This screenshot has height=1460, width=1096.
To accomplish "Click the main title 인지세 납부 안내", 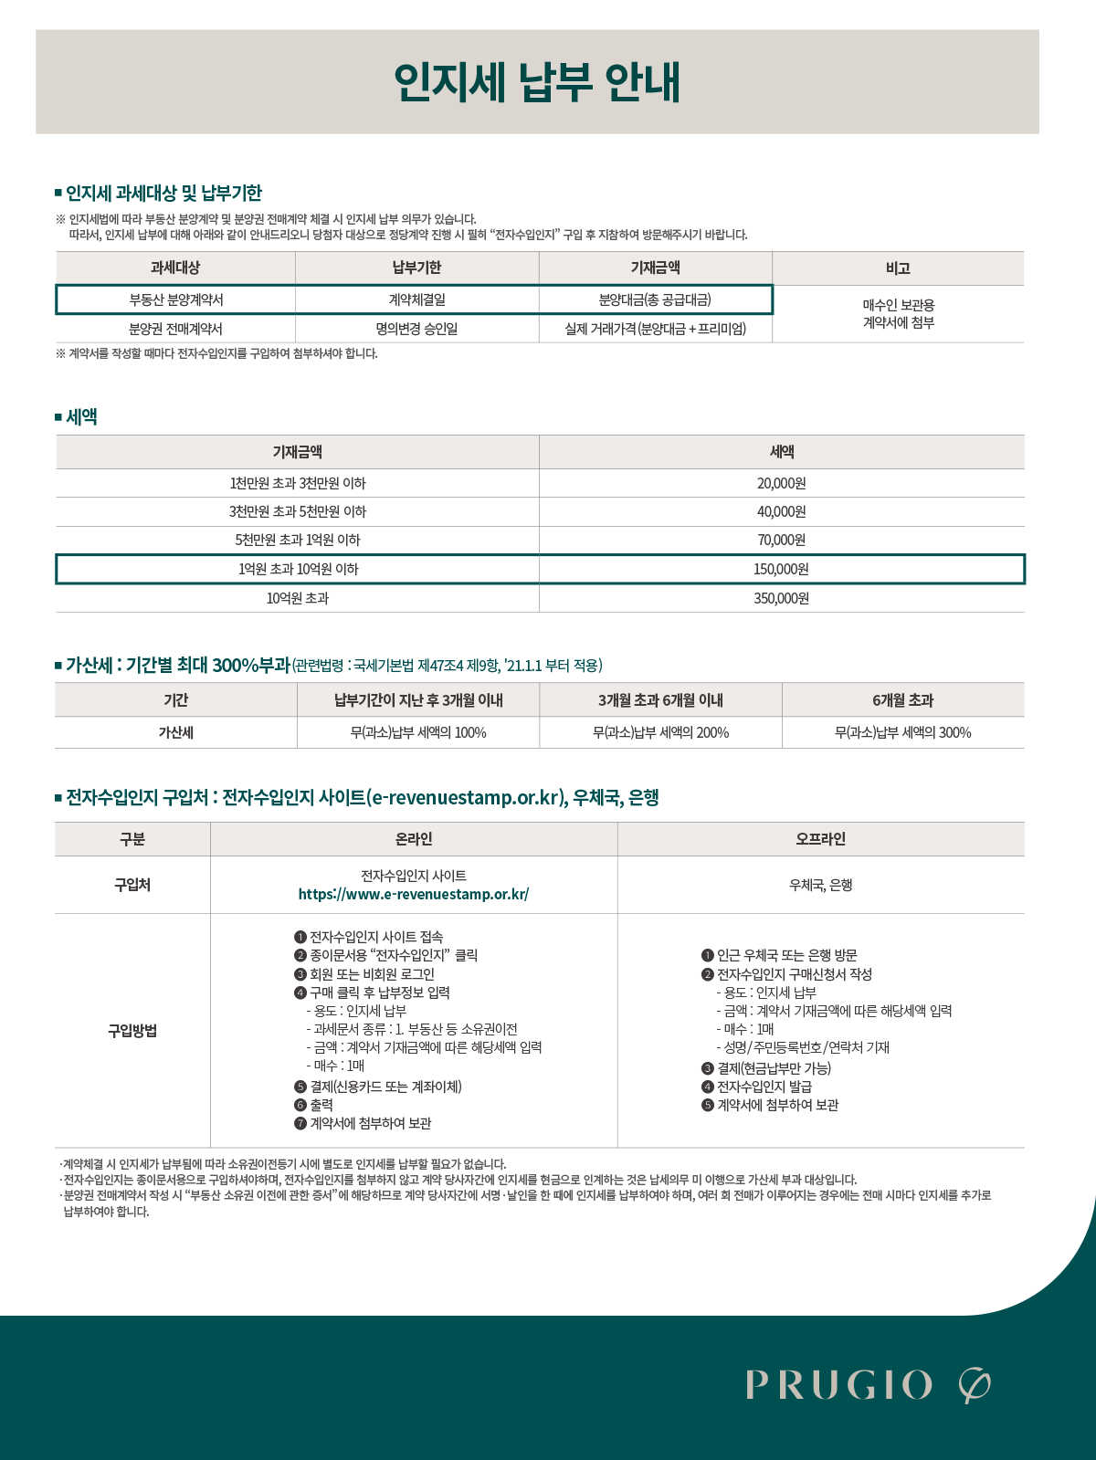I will (537, 82).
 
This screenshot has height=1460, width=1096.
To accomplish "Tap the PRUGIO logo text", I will (838, 1385).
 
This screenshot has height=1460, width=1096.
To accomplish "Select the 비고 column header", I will (898, 268).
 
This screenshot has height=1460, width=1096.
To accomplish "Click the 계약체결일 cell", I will (416, 299).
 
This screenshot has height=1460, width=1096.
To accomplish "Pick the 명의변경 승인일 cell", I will (416, 329).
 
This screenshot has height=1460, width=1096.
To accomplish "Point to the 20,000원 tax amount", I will (781, 483).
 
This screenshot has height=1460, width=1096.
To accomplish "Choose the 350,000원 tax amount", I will (781, 598).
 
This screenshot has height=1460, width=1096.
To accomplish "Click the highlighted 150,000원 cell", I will (781, 569).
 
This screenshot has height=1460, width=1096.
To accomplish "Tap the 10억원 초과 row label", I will (298, 598).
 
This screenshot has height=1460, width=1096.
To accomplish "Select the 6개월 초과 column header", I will (902, 700).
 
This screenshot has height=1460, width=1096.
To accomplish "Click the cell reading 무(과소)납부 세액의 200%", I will (660, 732).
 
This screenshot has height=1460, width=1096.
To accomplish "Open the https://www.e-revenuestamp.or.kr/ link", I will (414, 895).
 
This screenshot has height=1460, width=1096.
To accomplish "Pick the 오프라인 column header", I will (820, 839).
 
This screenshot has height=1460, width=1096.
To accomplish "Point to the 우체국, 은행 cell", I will (820, 885).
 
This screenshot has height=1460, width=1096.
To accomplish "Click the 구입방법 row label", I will (132, 1031).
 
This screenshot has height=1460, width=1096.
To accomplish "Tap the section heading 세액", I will (81, 417).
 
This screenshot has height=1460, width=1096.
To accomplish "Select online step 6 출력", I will (321, 1105).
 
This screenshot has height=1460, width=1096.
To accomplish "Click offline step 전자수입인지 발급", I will (764, 1087).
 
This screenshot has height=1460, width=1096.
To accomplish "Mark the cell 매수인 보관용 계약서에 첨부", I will (898, 314).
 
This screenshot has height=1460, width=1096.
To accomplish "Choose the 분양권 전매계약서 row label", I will (175, 329).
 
